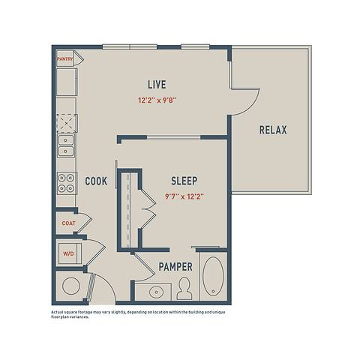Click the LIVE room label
coord(157,83)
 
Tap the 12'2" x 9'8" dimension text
coord(157,99)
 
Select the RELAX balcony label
coord(273,130)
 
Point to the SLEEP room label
coord(184,181)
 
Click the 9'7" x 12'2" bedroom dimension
coord(184,196)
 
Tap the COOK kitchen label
coord(95,181)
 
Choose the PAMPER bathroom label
coord(175,266)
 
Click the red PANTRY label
coord(64,57)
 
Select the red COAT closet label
coord(68,222)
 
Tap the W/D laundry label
coord(68,253)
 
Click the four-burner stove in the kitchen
coord(67,182)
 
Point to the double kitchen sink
coord(67,145)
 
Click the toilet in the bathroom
coord(184,289)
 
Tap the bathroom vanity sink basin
coord(157,291)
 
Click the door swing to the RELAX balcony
coord(244,98)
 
